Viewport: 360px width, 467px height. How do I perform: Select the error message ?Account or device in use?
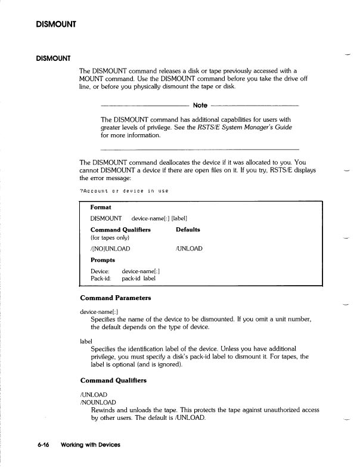(x=124, y=191)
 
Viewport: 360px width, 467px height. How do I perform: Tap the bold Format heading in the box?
(x=101, y=208)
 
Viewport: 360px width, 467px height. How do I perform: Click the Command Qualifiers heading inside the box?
(x=120, y=230)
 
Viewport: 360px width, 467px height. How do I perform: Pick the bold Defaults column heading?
(x=188, y=230)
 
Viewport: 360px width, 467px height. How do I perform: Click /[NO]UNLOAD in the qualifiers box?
(x=110, y=248)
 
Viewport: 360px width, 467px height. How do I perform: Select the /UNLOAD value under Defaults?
(x=189, y=248)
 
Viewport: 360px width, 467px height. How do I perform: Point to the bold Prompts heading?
(x=103, y=260)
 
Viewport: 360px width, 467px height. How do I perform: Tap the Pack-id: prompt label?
(x=101, y=279)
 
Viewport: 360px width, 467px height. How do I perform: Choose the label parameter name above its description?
(x=86, y=341)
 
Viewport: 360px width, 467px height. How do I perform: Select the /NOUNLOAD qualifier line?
(x=98, y=403)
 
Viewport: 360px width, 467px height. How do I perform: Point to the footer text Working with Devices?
(x=90, y=445)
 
